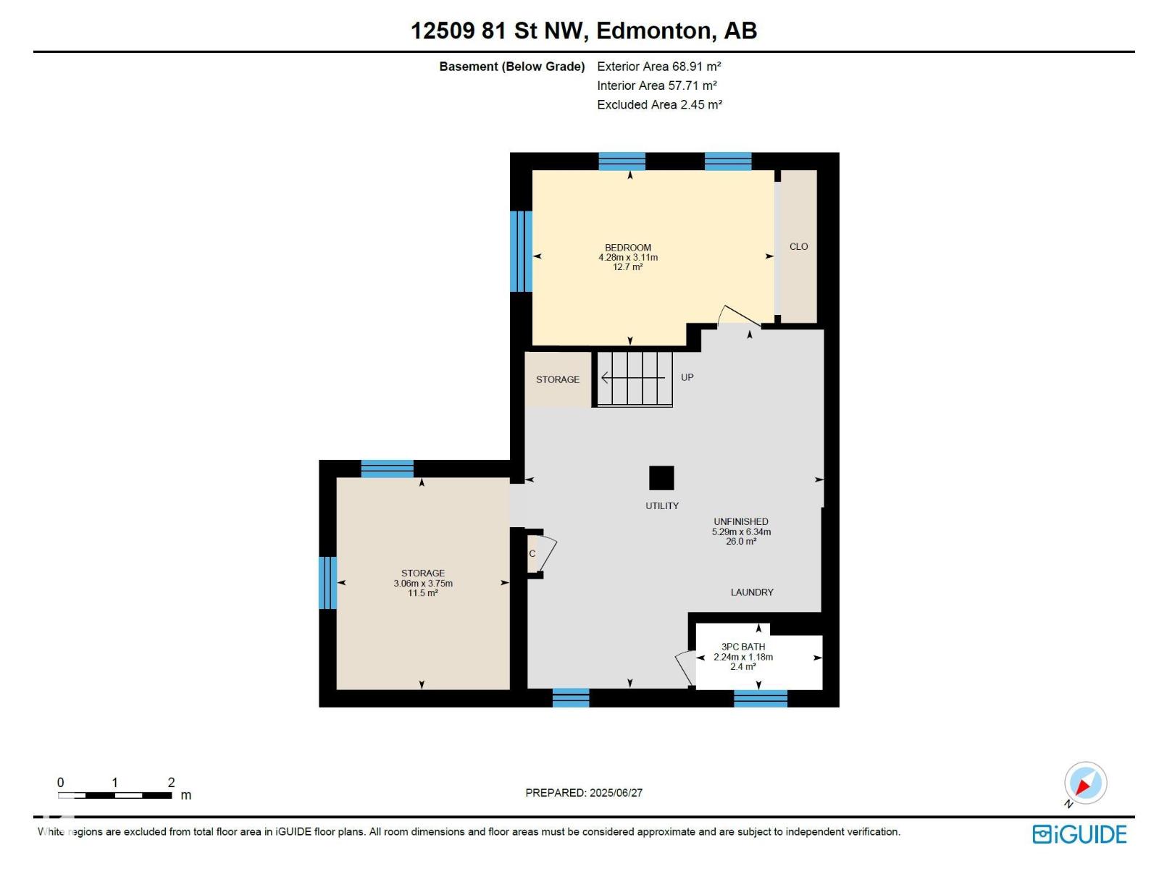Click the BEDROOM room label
click(x=628, y=248)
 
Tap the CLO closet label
click(x=798, y=246)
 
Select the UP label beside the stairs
click(x=687, y=377)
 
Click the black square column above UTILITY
click(x=661, y=478)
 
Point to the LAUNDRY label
click(x=752, y=592)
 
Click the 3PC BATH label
click(x=743, y=647)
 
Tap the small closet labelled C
click(x=532, y=553)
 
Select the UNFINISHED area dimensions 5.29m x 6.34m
click(x=741, y=532)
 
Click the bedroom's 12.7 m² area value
click(x=628, y=267)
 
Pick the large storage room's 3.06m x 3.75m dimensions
click(x=423, y=584)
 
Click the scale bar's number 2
click(x=171, y=783)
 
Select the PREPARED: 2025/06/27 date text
click(x=584, y=792)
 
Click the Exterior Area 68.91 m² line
click(x=659, y=67)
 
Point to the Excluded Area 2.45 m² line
click(x=659, y=104)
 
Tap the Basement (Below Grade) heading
click(x=512, y=67)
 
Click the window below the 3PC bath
click(x=761, y=698)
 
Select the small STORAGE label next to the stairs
click(x=558, y=379)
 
